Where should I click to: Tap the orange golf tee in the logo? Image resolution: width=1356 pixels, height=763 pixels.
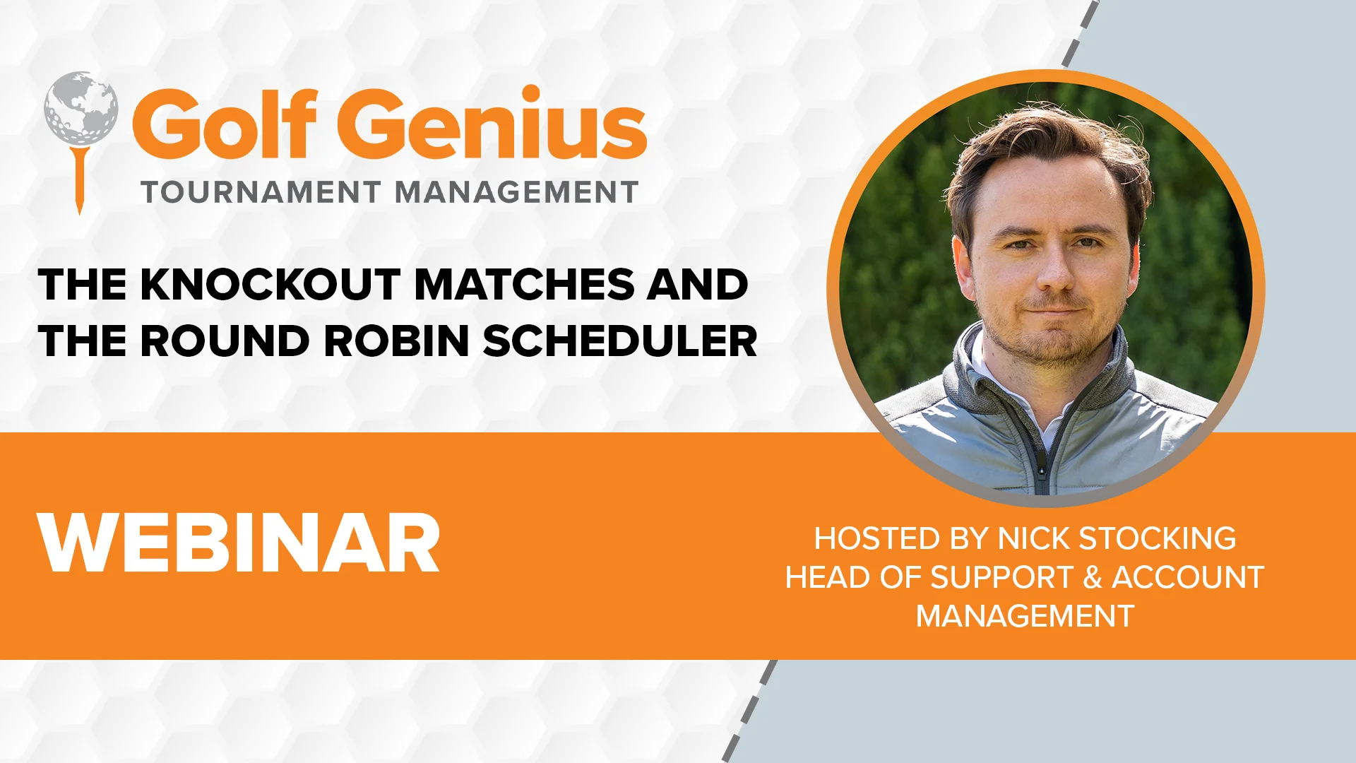(x=80, y=177)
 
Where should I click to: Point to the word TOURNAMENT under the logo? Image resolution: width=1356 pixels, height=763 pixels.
(x=261, y=192)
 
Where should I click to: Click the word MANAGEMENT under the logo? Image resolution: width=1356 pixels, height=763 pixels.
(x=516, y=192)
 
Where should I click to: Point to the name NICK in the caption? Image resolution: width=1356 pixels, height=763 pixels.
(x=1033, y=538)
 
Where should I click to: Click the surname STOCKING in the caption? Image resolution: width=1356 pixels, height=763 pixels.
(x=1158, y=538)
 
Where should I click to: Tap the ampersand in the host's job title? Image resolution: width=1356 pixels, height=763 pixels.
(x=1093, y=577)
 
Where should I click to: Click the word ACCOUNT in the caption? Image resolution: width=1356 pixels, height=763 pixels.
(x=1188, y=577)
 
